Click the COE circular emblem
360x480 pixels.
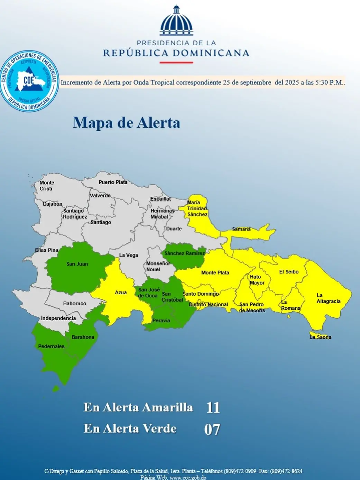29,81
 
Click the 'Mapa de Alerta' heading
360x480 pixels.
127,123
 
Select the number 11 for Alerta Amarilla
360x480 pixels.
213,407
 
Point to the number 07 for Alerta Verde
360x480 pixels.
212,429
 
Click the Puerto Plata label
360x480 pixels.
113,182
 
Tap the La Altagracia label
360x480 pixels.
328,298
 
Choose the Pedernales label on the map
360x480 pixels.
51,346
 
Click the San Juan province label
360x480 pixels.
77,264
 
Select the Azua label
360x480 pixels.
121,293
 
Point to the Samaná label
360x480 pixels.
241,229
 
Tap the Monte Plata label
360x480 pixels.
215,273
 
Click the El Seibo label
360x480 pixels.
289,272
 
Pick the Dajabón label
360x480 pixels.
53,204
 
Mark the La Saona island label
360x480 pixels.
320,337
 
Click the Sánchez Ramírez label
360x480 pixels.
184,253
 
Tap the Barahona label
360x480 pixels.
83,337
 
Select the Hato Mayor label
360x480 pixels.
257,280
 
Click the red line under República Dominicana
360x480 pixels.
176,63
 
